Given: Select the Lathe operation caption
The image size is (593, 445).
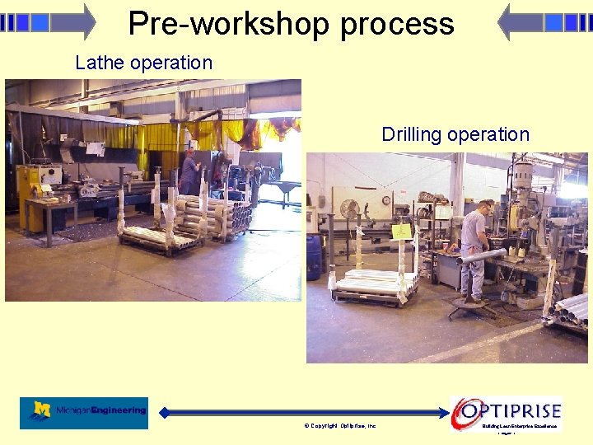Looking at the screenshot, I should click(143, 63).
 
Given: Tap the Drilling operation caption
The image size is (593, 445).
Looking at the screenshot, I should click(455, 134).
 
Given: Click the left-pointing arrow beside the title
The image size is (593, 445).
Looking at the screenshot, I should click(544, 22).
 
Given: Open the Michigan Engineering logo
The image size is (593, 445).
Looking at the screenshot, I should click(84, 412).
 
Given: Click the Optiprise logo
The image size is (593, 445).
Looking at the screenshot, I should click(507, 412).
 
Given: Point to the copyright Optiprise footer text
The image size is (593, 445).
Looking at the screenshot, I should click(340, 426).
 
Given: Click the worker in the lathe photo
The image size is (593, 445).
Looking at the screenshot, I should click(189, 173).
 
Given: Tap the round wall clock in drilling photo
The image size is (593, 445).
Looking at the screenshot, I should click(385, 200).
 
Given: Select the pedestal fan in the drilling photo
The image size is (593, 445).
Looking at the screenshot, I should click(349, 213).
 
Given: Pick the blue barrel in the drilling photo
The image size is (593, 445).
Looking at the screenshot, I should click(314, 257).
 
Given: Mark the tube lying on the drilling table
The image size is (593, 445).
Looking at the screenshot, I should click(483, 257).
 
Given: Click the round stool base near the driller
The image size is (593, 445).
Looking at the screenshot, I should click(469, 307).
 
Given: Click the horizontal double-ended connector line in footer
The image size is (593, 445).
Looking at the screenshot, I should click(304, 411).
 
